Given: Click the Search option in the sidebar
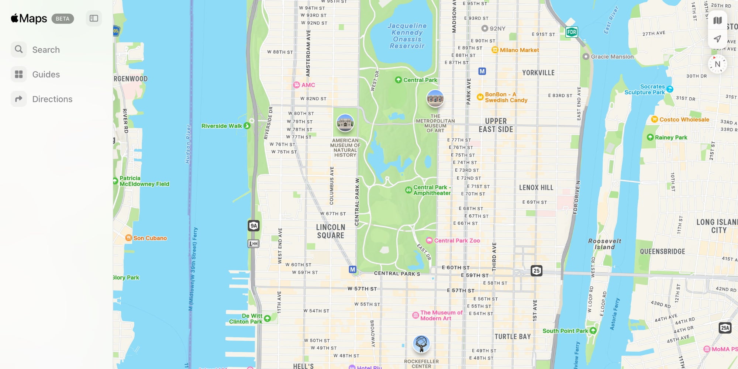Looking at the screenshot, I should pos(46,50).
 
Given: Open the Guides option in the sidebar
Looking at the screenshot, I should pos(46,75).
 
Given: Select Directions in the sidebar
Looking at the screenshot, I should pos(52,99).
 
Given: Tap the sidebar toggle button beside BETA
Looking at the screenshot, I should pos(94,18).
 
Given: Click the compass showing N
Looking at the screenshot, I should pos(717,64).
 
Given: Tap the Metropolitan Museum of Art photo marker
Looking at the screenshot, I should pos(435,99).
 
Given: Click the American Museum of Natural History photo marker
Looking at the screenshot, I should pos(345,123).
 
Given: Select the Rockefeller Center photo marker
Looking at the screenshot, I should pos(421,344).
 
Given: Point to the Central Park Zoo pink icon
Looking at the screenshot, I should pos(429,241).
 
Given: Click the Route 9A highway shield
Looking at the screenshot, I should pos(254,226).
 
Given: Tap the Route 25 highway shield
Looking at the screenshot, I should pos(537,270).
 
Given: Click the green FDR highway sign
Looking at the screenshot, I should pos(572,32).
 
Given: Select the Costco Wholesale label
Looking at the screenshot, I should pos(684,120).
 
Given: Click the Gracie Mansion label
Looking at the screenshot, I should pos(612,57).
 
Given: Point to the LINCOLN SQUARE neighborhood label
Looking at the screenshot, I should pos(331,231).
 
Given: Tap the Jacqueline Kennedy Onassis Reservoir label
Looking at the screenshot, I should pos(407,36).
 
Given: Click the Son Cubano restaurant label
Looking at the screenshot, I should pos(150,238).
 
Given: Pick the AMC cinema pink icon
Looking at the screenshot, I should pos(297,85).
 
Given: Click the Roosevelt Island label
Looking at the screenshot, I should pos(604,244).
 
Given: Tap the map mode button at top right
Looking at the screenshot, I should pos(717,20).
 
